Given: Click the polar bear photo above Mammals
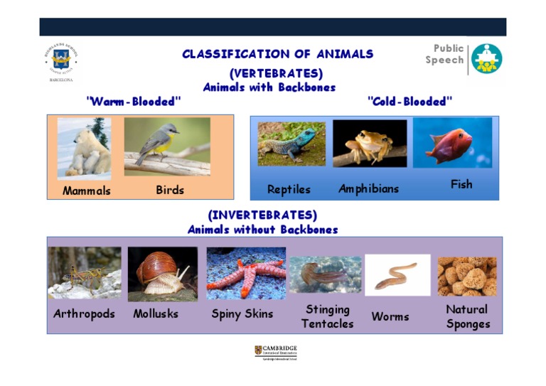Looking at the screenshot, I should click(x=84, y=148).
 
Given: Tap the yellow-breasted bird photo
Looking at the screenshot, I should click(x=167, y=146).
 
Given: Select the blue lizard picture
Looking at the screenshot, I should click(x=291, y=144).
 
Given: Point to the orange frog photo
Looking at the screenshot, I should click(x=370, y=144).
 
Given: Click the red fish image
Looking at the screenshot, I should click(x=452, y=143).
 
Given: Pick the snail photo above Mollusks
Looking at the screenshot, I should click(x=163, y=274).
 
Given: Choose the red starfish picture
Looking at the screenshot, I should click(x=246, y=274).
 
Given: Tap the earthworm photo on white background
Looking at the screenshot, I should click(x=397, y=275).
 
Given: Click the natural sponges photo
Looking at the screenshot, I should click(x=467, y=277).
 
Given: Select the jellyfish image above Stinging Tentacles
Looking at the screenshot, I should click(x=325, y=275).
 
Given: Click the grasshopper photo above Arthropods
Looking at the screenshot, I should click(x=85, y=273).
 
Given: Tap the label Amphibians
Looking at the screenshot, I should click(x=368, y=189).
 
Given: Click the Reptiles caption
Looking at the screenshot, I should click(x=289, y=190).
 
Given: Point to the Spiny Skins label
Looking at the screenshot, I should click(x=242, y=314).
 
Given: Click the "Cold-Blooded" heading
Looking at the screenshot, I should click(x=410, y=102).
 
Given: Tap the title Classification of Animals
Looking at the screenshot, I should click(x=277, y=54).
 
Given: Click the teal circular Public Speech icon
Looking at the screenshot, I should click(x=486, y=59).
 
